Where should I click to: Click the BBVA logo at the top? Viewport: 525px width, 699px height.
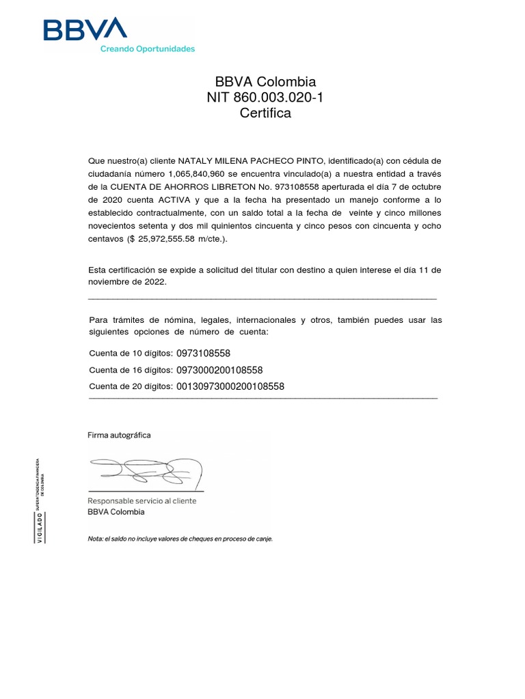click(x=85, y=30)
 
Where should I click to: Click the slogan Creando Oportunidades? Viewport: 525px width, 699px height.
click(x=148, y=48)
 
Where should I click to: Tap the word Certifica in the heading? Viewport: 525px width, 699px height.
click(x=265, y=113)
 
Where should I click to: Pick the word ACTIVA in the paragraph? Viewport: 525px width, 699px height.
click(x=185, y=200)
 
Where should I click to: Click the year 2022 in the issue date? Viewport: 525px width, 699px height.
click(x=154, y=282)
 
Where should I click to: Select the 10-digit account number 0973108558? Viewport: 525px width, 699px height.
click(x=203, y=354)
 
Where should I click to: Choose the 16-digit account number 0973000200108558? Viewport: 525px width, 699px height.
click(x=219, y=370)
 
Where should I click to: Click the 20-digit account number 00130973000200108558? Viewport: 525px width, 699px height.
click(x=230, y=386)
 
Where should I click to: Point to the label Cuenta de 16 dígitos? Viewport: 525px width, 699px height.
click(x=130, y=371)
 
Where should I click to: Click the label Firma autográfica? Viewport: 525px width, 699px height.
click(x=119, y=435)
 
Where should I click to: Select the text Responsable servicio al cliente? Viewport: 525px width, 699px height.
click(x=142, y=500)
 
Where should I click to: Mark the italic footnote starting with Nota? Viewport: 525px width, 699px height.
click(x=180, y=539)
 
